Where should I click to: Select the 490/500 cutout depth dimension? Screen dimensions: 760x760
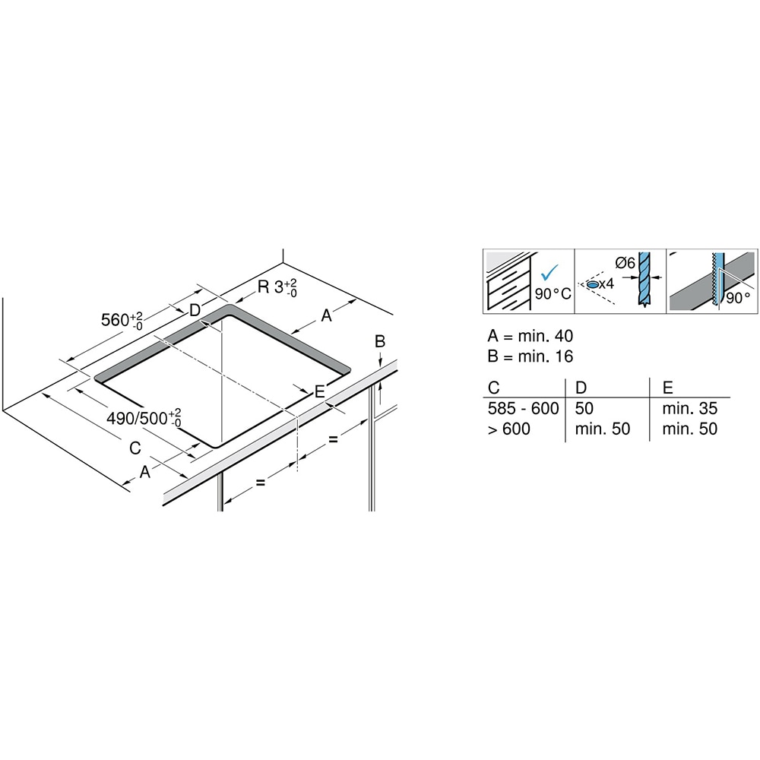[144, 417]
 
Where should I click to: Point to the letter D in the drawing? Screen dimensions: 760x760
[195, 310]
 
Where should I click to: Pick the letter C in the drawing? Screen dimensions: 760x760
[135, 448]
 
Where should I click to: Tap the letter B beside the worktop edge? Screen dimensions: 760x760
[381, 341]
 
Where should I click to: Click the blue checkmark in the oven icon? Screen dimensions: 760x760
[547, 271]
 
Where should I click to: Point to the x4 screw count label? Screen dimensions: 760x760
[606, 283]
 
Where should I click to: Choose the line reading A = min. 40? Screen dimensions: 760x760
[530, 336]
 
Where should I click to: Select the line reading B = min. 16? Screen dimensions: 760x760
[530, 356]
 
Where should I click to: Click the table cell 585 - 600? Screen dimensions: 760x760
[524, 409]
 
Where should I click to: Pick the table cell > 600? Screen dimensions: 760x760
[509, 429]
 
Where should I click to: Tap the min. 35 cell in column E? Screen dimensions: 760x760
[689, 409]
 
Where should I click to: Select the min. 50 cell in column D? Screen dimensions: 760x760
[603, 429]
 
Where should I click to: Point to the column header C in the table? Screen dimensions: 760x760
[494, 388]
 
